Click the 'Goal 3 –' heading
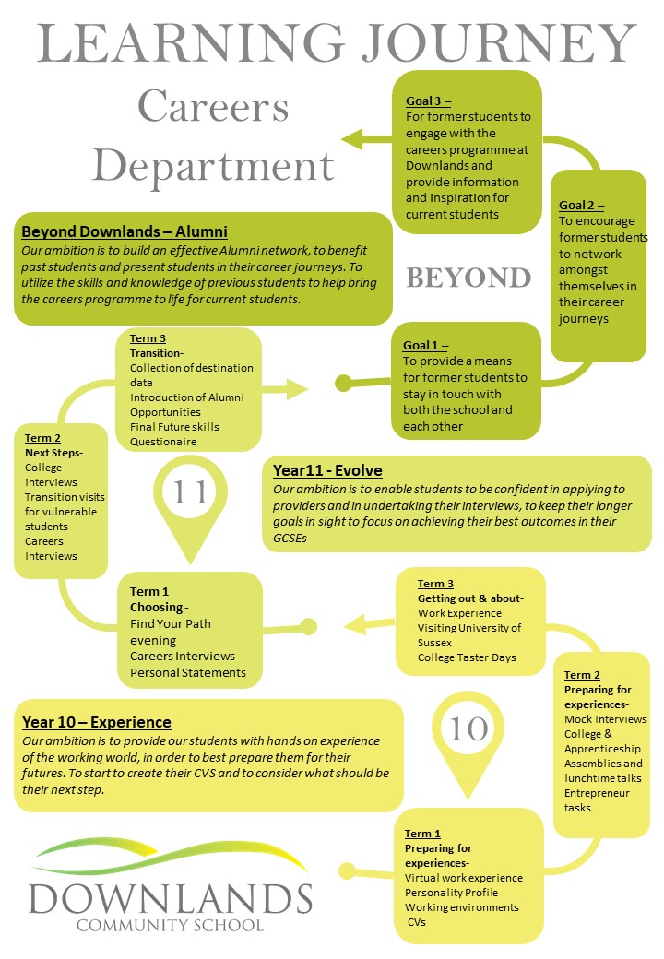coord(428,101)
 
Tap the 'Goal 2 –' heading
coord(581,206)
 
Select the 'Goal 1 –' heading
coord(425,345)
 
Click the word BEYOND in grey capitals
coord(468,278)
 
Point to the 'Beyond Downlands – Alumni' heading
coord(125,231)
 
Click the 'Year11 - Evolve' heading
coord(327,470)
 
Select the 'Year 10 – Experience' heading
coord(97,722)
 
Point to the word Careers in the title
coord(213,106)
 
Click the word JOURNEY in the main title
coord(499,42)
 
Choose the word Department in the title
coord(213,165)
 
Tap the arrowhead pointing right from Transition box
coord(297,389)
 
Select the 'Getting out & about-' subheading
coord(470,598)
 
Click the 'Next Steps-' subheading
coord(53,453)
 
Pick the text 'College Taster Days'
coord(467,657)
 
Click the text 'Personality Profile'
coord(451,893)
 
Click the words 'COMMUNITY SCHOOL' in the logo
coord(170,925)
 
